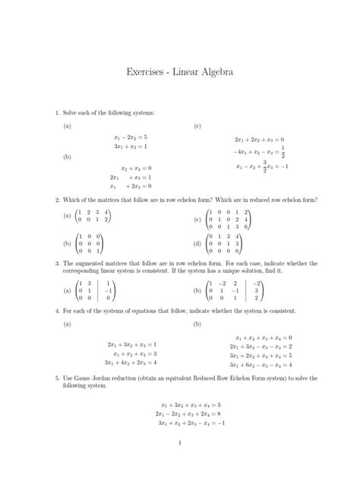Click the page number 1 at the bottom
(x=179, y=442)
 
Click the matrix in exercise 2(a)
(x=94, y=216)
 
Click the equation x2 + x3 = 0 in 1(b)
(x=137, y=167)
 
